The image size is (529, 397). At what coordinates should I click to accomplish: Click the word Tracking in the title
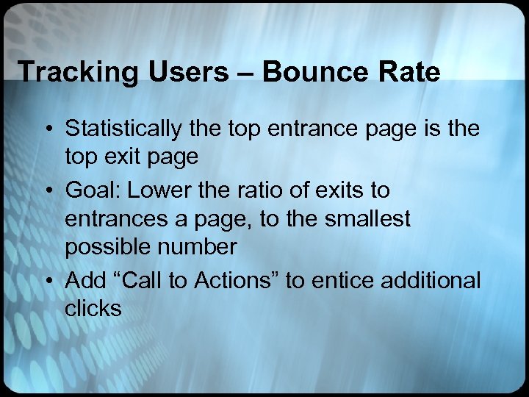(64, 72)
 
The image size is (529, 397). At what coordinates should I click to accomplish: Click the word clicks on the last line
(93, 309)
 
